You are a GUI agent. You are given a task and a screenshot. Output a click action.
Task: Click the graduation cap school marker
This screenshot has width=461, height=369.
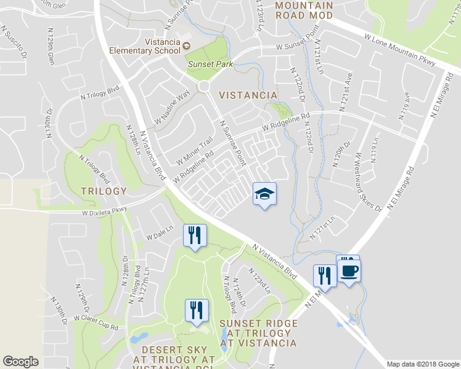click(x=265, y=194)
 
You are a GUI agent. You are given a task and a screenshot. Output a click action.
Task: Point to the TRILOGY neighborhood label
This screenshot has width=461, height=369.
click(x=104, y=191)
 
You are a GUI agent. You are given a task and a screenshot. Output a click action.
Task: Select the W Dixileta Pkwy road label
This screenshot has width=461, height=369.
click(x=104, y=212)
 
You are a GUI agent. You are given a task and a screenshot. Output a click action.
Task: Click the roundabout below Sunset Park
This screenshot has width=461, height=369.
click(x=204, y=89)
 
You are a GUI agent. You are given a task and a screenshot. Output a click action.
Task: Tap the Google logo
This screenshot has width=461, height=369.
click(x=20, y=362)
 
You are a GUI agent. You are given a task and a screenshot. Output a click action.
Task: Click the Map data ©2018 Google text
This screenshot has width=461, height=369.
click(x=423, y=364)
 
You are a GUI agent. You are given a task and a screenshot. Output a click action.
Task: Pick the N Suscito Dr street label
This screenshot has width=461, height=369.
click(x=17, y=43)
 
